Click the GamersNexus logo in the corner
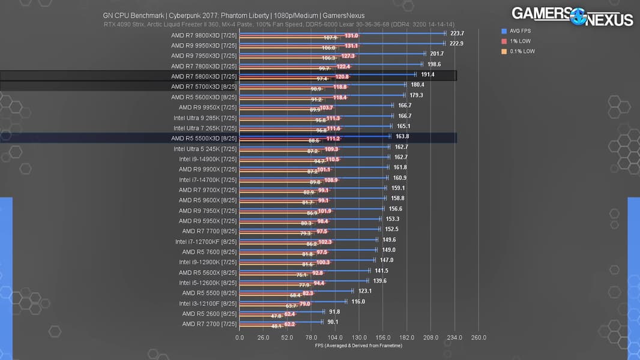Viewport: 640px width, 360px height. click(572, 16)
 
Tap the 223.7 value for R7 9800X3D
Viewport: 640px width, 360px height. click(457, 34)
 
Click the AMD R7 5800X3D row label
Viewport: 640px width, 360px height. click(204, 76)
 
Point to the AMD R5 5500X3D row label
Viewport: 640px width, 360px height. click(204, 138)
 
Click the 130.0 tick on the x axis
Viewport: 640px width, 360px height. click(359, 337)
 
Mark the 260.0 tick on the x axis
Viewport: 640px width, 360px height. click(478, 337)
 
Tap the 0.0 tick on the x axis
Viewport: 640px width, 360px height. click(240, 337)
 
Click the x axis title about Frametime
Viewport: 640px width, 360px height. click(358, 345)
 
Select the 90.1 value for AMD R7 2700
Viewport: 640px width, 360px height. click(333, 322)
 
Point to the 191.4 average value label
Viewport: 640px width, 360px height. click(427, 74)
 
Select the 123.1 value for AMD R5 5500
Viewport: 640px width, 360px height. click(364, 291)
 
